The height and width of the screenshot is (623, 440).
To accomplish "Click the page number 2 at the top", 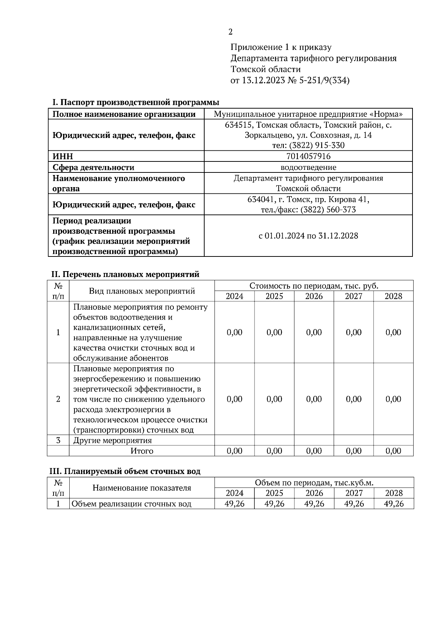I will point(230,32).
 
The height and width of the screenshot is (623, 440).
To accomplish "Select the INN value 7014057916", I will point(308,156).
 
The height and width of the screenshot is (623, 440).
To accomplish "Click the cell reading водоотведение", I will point(308,167).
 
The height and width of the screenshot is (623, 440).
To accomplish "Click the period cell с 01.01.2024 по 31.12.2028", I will point(308,236).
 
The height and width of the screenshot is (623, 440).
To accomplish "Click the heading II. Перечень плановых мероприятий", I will point(125,274).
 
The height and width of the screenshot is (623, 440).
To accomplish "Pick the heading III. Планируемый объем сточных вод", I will point(125,471).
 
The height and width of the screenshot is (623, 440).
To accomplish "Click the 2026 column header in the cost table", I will point(314,296).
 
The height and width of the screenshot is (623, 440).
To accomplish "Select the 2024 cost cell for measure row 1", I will point(235,332).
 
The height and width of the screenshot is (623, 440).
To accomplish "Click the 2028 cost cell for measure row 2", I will point(393,399).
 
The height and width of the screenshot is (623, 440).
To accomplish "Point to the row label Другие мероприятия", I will point(113,440).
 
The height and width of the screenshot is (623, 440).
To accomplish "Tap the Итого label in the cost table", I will point(142,451).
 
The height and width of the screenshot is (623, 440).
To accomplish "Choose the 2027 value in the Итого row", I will point(354,451).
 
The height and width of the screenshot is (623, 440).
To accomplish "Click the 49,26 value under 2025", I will point(274,504).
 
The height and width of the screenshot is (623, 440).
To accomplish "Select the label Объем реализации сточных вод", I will point(132,504).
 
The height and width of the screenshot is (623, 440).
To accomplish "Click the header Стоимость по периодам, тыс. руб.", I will point(314,286).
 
